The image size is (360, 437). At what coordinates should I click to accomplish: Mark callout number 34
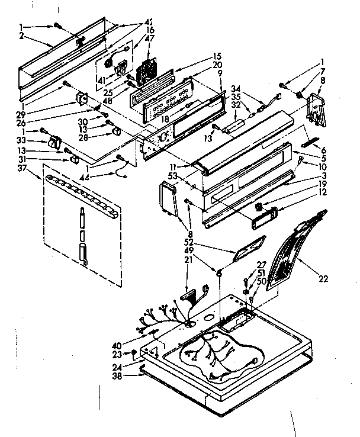[236, 90]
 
